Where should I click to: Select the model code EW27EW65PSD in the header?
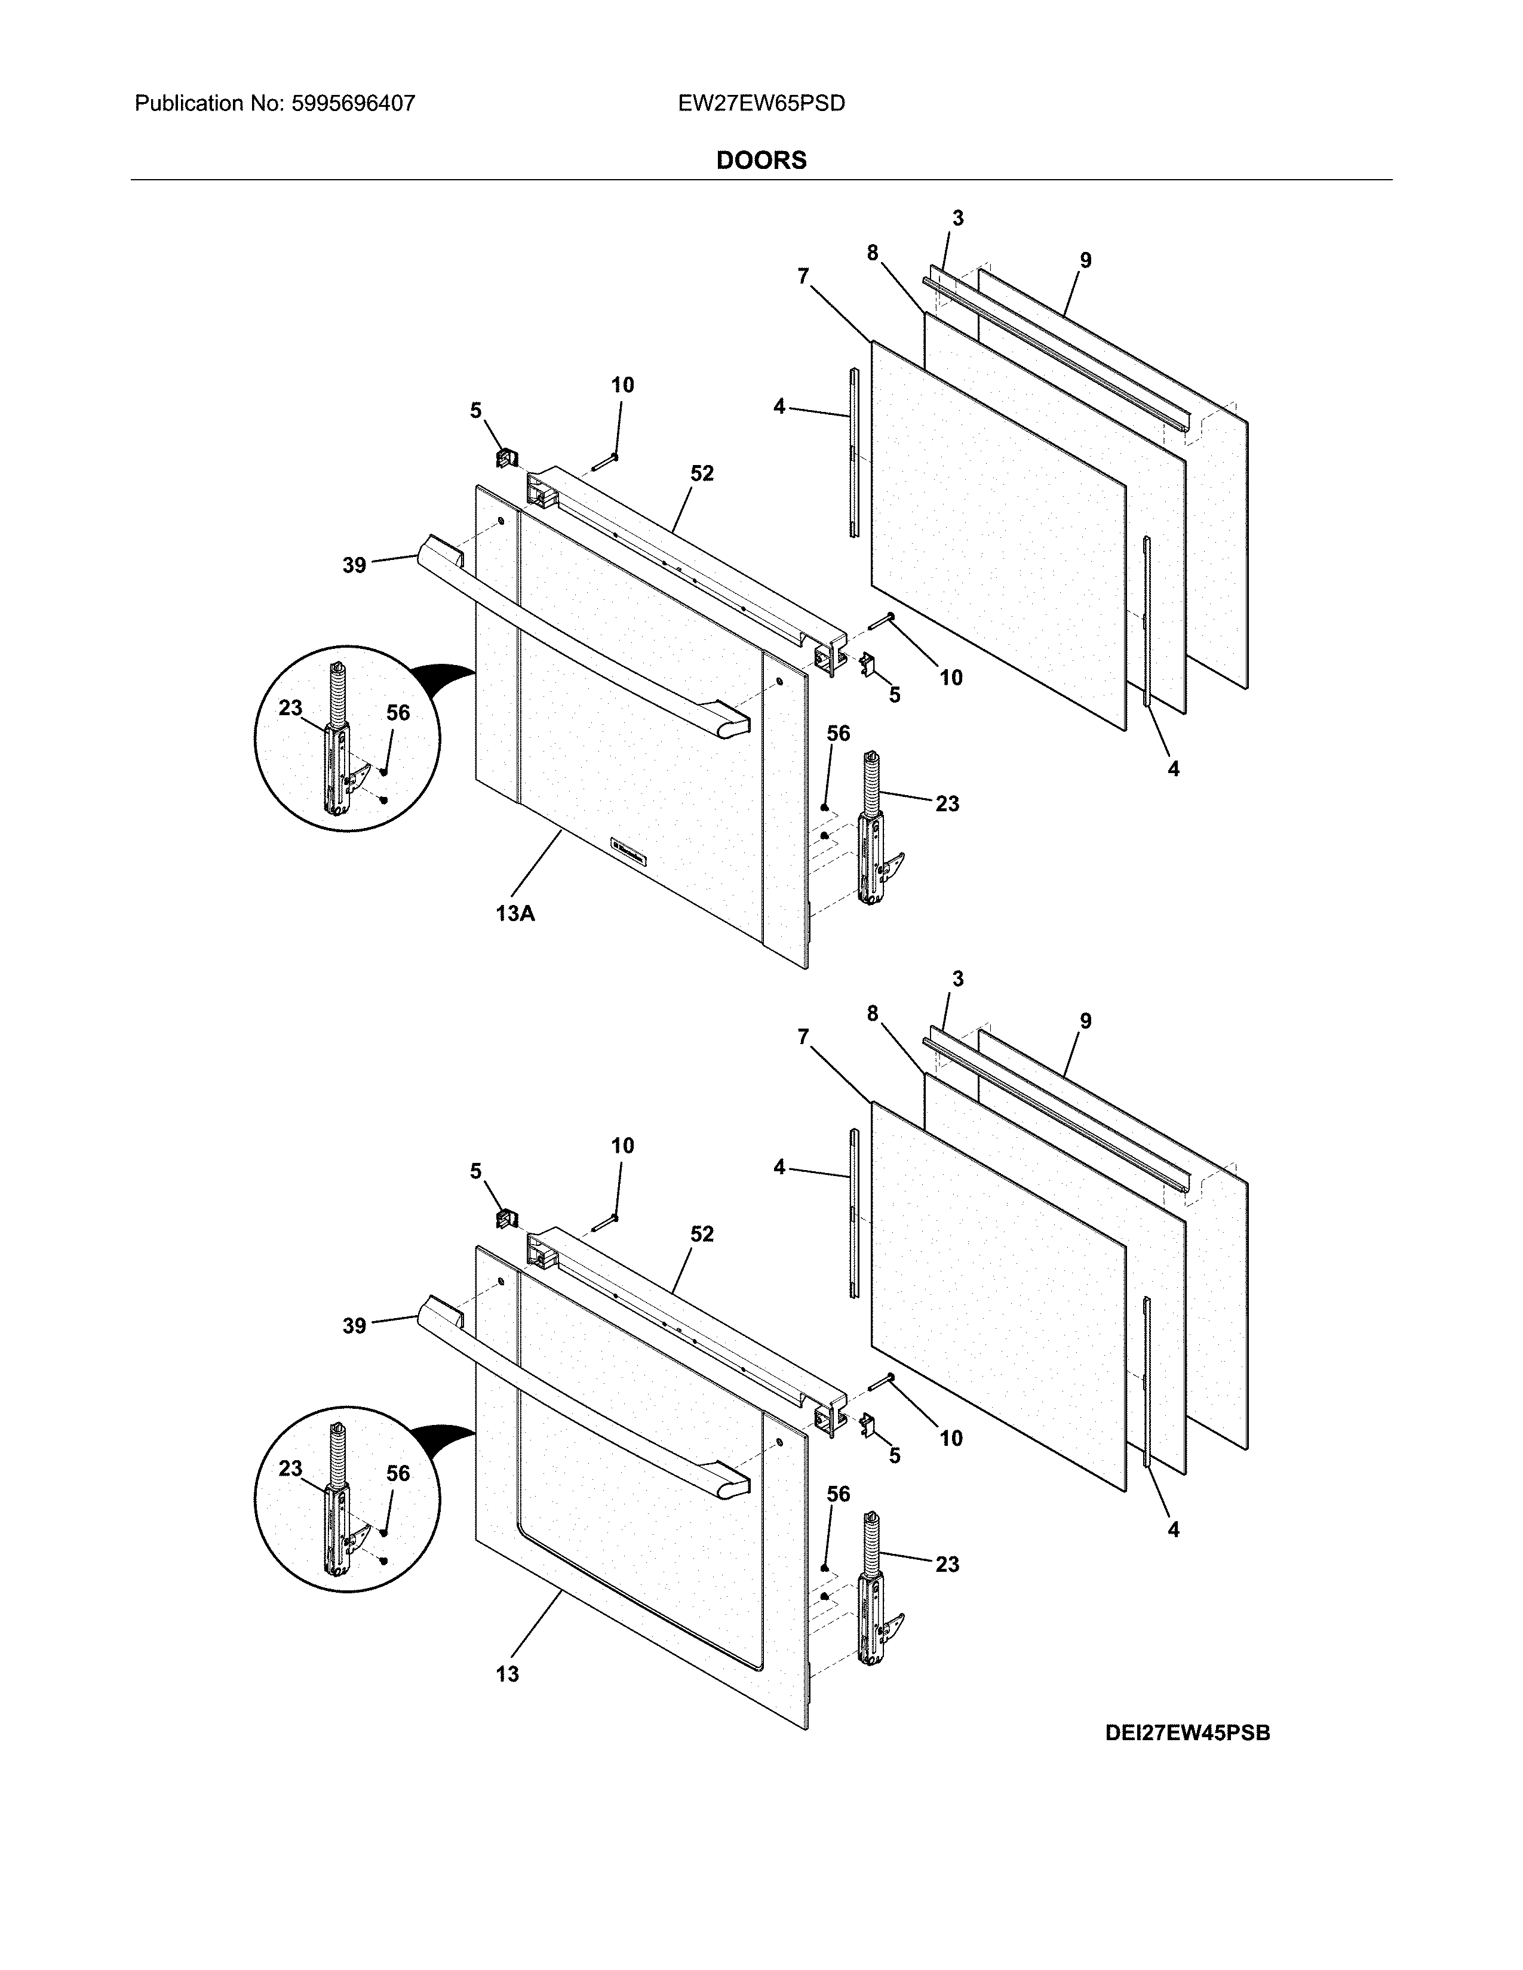pos(761,104)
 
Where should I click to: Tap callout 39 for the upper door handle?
pos(355,565)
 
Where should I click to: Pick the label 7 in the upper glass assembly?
pos(803,276)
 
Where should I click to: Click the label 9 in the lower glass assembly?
pos(1085,1021)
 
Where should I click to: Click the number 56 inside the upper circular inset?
pos(398,713)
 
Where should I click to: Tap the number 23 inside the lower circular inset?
pos(290,1469)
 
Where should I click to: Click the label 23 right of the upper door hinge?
pos(947,804)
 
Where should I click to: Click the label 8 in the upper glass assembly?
pos(873,254)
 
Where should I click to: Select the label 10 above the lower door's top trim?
pos(622,1146)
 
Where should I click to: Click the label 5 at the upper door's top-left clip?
pos(475,411)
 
